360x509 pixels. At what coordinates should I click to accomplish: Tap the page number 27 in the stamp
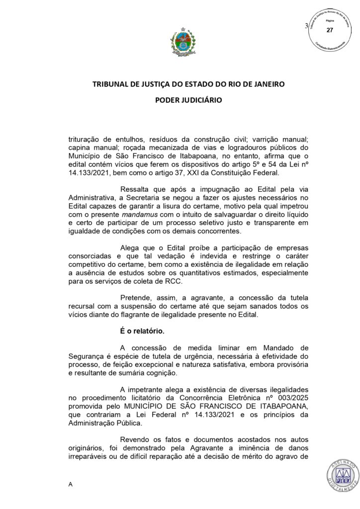tap(329, 30)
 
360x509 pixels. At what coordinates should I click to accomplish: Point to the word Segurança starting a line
tap(86, 355)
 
